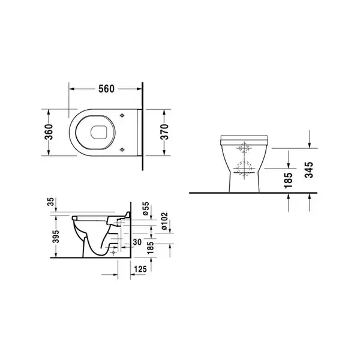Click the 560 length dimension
106,89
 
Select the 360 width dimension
49,132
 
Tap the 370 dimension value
164,132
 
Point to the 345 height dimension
309,170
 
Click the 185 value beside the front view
289,181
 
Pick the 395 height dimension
56,236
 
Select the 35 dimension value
51,202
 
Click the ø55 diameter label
146,208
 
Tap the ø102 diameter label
164,221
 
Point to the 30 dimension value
137,242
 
